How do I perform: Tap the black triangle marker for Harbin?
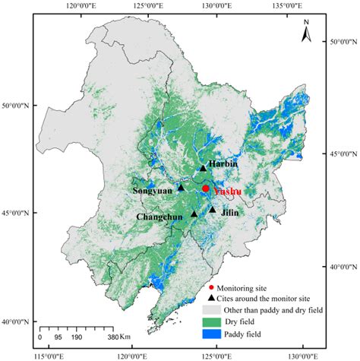[x=204, y=169]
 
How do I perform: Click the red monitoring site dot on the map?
[x=206, y=188]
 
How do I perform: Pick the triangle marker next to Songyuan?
[x=181, y=187]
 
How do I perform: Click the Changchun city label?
[x=161, y=217]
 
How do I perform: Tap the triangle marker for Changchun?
[x=194, y=214]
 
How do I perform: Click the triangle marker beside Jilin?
[x=213, y=210]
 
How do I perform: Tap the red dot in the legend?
[x=210, y=288]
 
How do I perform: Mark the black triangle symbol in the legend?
[x=210, y=299]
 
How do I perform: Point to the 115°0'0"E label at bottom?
[x=48, y=354]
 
